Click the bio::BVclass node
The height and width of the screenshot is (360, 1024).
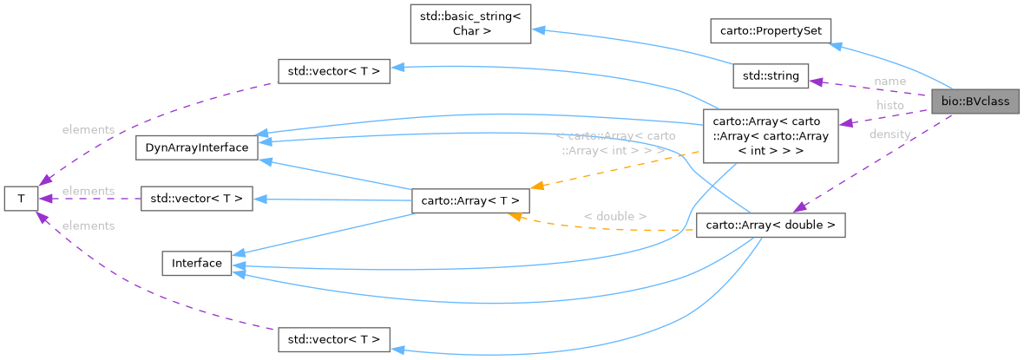[x=975, y=101]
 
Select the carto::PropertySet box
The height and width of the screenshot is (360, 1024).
[x=771, y=31]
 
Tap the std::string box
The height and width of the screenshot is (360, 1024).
[x=771, y=76]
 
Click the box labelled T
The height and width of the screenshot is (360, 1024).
[x=20, y=198]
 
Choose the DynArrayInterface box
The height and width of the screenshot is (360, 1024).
[x=197, y=147]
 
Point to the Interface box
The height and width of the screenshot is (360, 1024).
[x=197, y=263]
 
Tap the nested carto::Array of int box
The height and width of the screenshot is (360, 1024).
[x=771, y=136]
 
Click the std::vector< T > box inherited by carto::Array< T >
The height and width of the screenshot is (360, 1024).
[x=197, y=200]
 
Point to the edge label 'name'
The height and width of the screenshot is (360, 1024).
[x=889, y=81]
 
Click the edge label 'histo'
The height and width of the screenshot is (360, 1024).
[x=889, y=105]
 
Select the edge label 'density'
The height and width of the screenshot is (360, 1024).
[x=889, y=134]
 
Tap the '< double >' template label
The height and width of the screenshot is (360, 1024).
[x=614, y=215]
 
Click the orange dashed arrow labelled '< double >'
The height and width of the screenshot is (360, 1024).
[x=607, y=227]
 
